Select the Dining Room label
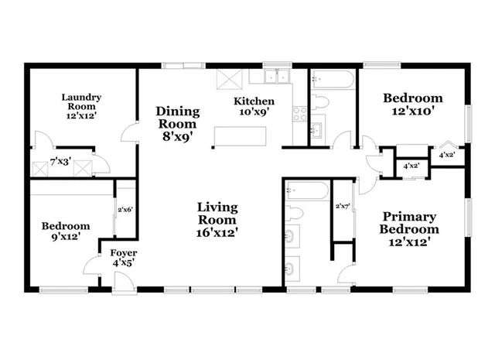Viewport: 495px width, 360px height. (x=177, y=117)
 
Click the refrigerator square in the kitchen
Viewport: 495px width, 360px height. (x=228, y=79)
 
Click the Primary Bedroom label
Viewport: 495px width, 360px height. (x=408, y=223)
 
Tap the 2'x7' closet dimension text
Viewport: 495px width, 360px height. (x=343, y=207)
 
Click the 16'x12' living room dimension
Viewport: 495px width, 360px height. (x=217, y=231)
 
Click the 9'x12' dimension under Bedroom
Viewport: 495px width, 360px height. (x=66, y=237)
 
